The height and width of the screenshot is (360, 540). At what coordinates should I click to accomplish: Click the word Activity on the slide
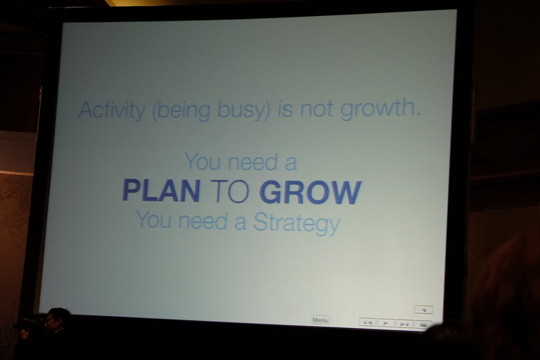click(112, 111)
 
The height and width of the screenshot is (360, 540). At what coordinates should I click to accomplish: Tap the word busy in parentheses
click(244, 111)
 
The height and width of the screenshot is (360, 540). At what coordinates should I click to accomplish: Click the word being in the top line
click(181, 111)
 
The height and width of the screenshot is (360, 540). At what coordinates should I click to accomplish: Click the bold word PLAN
click(161, 191)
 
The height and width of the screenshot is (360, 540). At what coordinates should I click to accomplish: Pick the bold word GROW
click(310, 192)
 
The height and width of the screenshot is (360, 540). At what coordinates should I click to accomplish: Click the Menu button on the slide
click(320, 320)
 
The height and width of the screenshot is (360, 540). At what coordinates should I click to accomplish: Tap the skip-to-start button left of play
click(367, 322)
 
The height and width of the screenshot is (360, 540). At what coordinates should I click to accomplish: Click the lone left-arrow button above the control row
click(424, 310)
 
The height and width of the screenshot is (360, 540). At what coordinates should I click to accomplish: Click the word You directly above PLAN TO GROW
click(202, 161)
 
